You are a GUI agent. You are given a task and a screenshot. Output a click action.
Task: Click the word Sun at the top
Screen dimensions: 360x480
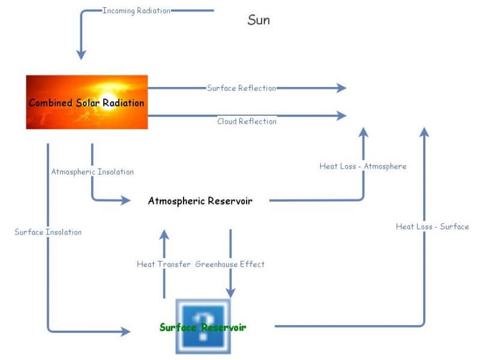pos(259,20)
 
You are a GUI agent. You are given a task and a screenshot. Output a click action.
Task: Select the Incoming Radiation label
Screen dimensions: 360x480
pos(136,11)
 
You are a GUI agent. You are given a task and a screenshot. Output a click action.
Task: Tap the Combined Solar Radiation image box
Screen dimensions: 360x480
pos(86,102)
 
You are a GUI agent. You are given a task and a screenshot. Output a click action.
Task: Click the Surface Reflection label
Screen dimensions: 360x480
pos(241,88)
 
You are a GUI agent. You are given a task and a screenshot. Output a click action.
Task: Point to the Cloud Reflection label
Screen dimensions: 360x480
pos(247,121)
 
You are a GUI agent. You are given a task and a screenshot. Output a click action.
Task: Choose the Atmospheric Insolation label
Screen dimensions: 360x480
pos(92,172)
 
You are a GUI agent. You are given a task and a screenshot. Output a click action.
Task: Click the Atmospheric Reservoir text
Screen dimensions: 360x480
pos(200,201)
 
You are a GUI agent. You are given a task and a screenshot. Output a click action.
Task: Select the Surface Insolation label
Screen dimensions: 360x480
pos(48,232)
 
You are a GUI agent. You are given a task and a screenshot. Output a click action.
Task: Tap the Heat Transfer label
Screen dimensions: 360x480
pos(163,264)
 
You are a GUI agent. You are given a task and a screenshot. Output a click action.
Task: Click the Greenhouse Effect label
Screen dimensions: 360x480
pos(230,264)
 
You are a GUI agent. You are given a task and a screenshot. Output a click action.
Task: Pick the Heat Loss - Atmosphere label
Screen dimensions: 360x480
pos(362,166)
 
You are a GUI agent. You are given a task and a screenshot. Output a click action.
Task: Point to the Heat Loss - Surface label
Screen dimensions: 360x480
pos(432,226)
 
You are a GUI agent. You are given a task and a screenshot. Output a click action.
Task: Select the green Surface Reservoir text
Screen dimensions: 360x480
pos(203,328)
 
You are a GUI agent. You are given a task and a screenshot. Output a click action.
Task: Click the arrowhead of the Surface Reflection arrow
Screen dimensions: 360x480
pos(341,88)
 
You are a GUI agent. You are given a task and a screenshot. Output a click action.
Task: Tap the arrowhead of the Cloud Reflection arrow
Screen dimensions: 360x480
pos(341,115)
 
